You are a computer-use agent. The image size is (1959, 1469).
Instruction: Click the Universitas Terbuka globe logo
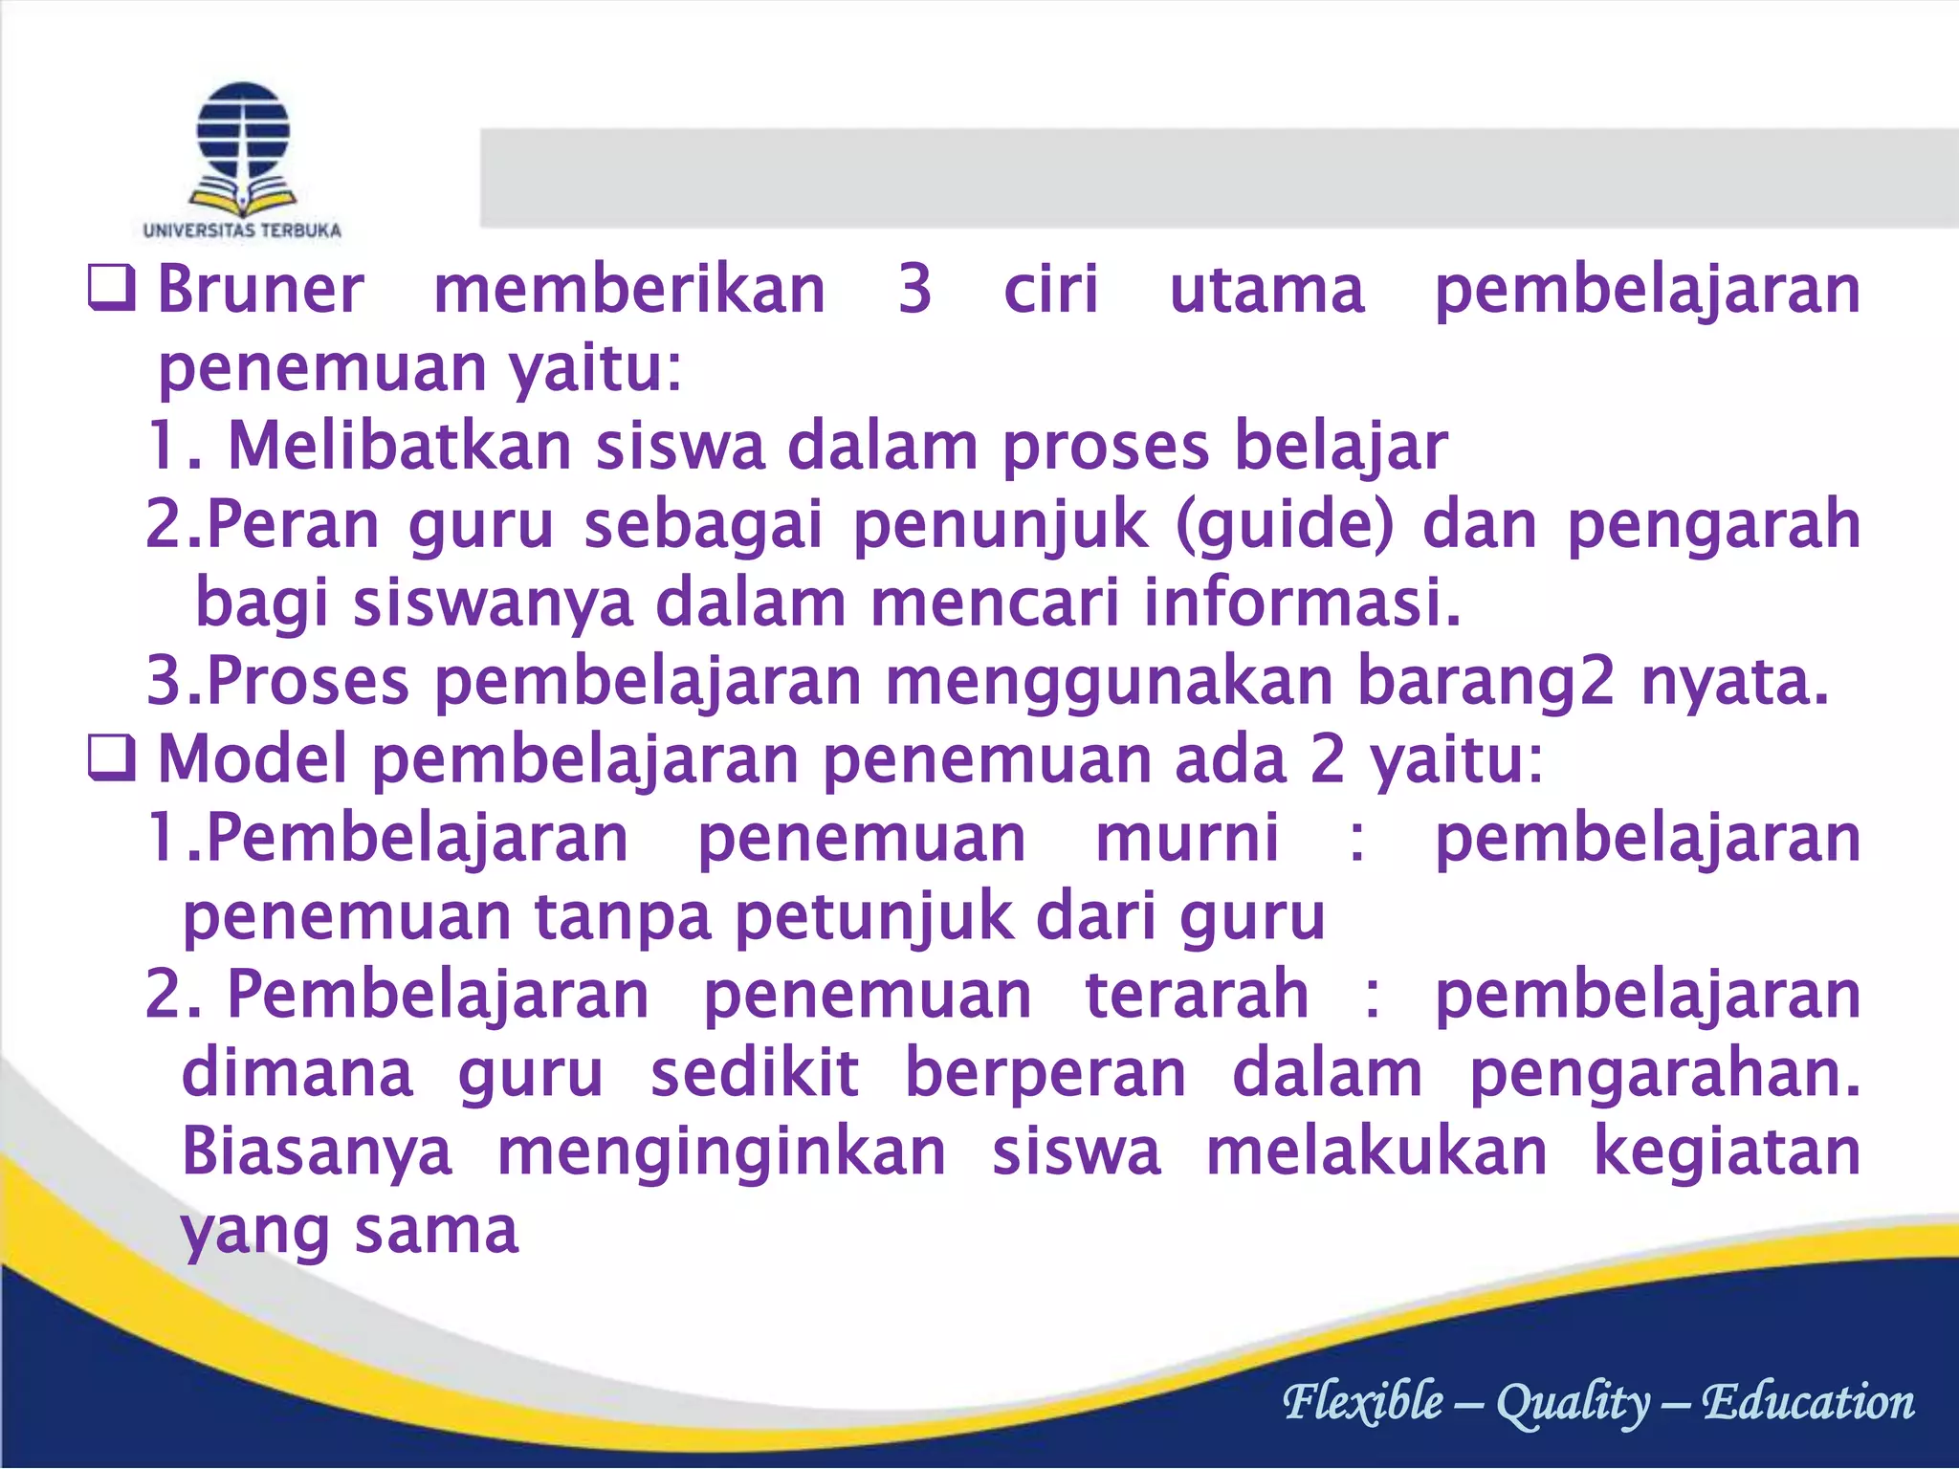click(243, 147)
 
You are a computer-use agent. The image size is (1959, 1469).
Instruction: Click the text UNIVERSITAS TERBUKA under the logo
click(242, 230)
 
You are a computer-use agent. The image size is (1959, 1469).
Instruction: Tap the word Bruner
click(260, 289)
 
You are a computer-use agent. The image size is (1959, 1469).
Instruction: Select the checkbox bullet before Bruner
click(111, 289)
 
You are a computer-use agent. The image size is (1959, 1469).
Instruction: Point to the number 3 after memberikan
click(914, 289)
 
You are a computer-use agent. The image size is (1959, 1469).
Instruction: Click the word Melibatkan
click(400, 447)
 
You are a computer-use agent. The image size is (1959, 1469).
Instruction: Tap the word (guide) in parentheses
click(1285, 525)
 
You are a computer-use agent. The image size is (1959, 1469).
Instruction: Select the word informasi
click(1303, 603)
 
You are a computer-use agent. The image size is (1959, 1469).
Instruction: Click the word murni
click(1187, 839)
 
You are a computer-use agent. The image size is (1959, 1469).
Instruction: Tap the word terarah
click(1197, 996)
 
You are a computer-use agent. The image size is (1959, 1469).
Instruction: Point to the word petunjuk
click(874, 917)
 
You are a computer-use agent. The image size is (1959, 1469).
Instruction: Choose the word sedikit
click(755, 1074)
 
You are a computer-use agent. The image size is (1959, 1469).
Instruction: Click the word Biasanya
click(317, 1152)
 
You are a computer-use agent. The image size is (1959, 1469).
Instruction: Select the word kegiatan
click(1727, 1152)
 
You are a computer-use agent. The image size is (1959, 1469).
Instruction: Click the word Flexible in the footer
click(1362, 1402)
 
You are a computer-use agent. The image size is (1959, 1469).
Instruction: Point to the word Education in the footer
click(1808, 1402)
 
